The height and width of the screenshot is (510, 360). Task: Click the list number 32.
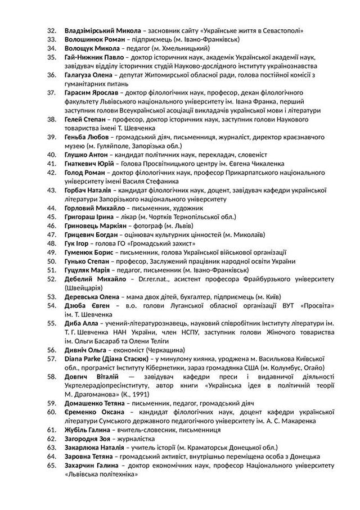point(52,30)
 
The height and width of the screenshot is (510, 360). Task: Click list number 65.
point(52,464)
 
